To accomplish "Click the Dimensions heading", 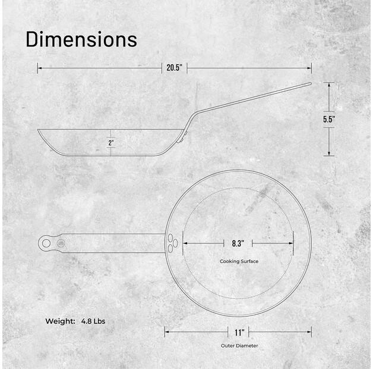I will (x=81, y=39).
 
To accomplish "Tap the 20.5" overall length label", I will (x=174, y=68).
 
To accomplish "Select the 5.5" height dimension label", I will (x=329, y=119).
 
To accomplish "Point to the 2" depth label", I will (x=111, y=143).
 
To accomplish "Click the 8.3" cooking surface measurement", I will (x=238, y=243).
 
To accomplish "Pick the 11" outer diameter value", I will (x=238, y=332).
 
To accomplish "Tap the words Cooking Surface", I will (x=239, y=261).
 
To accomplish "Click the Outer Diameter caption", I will (x=238, y=345).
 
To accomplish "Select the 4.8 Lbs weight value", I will (x=94, y=321).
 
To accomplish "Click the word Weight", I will (x=61, y=321).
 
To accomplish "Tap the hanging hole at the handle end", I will (x=46, y=243).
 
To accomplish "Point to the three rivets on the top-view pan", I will (x=172, y=243).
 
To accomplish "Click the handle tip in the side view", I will (x=309, y=84).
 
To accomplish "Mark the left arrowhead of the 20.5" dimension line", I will (x=39, y=68).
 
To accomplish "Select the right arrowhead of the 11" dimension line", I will (x=309, y=332).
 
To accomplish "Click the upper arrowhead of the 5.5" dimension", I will (x=329, y=84).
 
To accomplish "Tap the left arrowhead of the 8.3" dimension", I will (x=184, y=243).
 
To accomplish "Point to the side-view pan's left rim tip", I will (x=39, y=130).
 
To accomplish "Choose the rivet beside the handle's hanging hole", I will (x=61, y=243).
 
